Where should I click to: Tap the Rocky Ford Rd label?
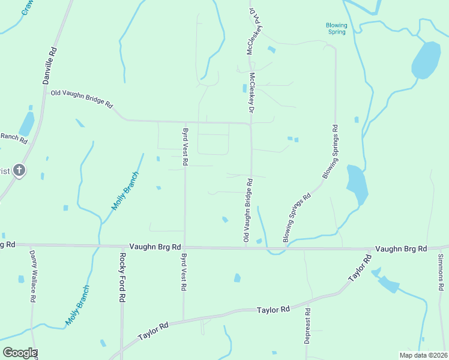click(x=122, y=277)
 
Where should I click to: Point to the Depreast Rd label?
click(x=307, y=326)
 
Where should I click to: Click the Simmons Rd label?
click(x=441, y=272)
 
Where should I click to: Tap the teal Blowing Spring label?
click(x=336, y=28)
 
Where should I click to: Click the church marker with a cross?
click(x=19, y=171)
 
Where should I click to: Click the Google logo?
click(x=19, y=353)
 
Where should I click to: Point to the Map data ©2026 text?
click(x=423, y=355)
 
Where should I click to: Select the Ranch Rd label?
click(x=13, y=137)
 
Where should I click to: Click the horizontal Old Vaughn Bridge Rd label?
click(x=81, y=98)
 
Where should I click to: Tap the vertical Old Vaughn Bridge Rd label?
click(x=247, y=210)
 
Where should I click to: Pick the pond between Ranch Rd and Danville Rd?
click(x=26, y=124)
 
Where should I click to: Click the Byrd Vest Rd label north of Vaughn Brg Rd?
click(x=185, y=146)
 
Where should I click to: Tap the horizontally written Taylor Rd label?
click(x=273, y=310)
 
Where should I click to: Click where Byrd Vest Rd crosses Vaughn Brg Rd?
click(x=184, y=247)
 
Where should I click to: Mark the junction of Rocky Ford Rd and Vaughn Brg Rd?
click(x=121, y=246)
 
